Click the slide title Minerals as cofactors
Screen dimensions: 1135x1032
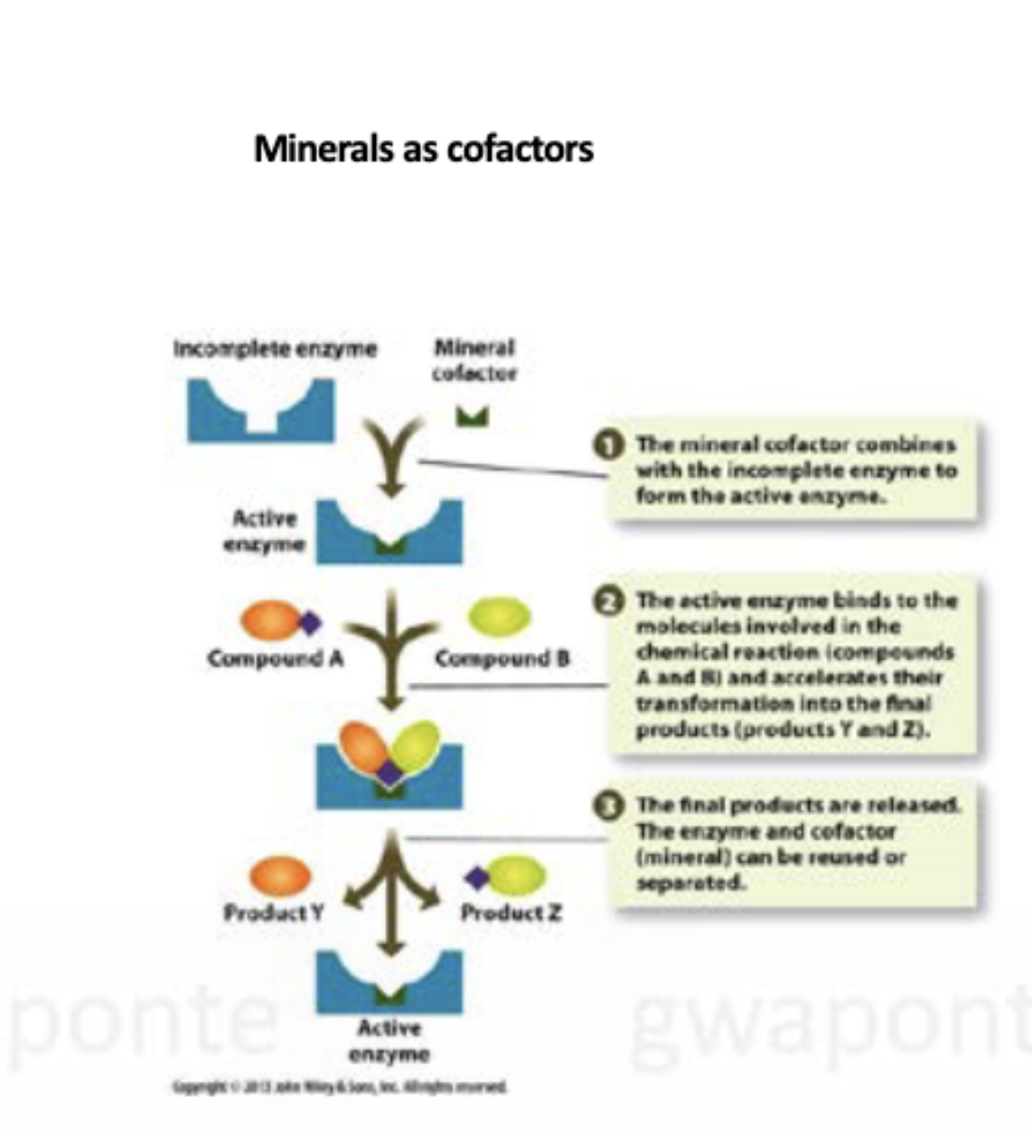point(423,148)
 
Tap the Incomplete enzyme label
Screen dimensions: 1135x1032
point(275,349)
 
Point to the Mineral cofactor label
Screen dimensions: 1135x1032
point(474,360)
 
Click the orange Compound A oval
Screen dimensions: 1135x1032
point(267,621)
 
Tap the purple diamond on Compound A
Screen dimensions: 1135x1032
point(310,622)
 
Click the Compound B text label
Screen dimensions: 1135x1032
point(502,659)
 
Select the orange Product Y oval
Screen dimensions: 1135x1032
point(280,876)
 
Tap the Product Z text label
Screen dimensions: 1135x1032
point(511,913)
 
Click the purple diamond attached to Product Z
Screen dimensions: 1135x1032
point(476,877)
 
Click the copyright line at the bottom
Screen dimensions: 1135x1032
point(341,1087)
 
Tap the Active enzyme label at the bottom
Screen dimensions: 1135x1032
point(389,1041)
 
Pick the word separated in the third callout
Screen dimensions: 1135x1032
point(691,882)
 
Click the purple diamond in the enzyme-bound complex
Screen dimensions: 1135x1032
point(389,772)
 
